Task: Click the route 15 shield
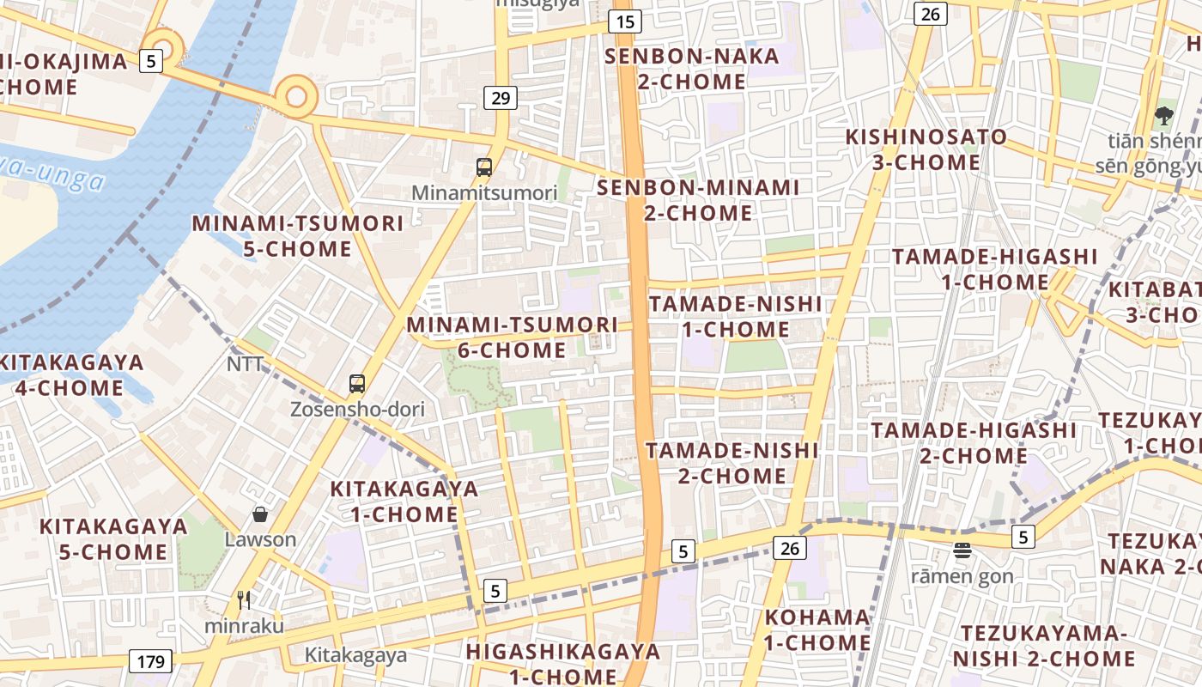tap(626, 21)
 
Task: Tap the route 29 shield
tap(501, 98)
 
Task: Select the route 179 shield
tap(150, 661)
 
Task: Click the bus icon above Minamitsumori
tap(484, 167)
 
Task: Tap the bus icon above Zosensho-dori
tap(357, 384)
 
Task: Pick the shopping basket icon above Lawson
tap(260, 514)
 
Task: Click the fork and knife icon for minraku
tap(244, 599)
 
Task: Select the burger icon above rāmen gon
tap(962, 550)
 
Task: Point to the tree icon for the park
tap(1164, 115)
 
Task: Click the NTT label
tap(246, 364)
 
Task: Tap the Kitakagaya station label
tap(355, 655)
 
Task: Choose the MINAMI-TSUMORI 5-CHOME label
tap(297, 236)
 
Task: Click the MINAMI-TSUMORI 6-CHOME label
tap(512, 337)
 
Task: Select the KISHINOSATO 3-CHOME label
tap(926, 149)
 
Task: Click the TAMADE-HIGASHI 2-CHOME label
tap(974, 442)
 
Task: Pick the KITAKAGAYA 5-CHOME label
tap(113, 538)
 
